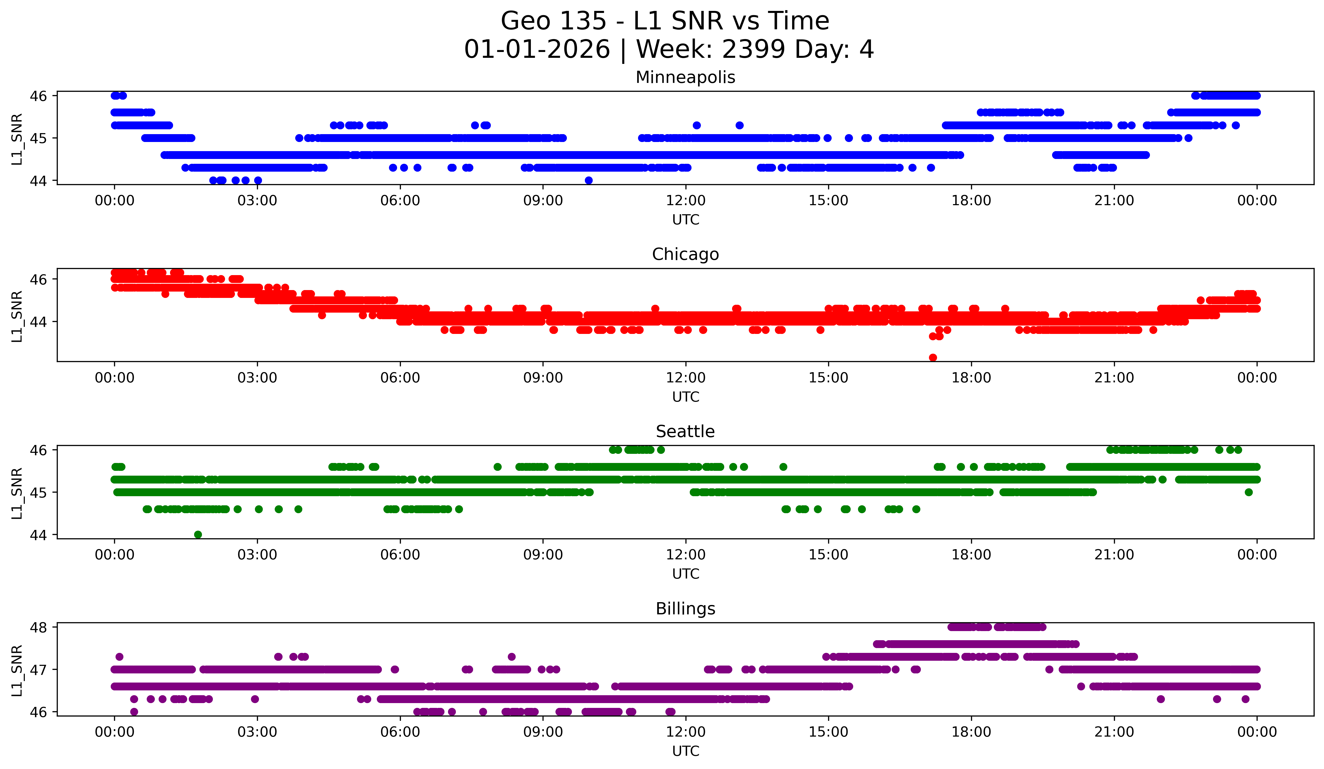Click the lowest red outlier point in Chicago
(933, 357)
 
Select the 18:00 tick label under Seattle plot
(971, 555)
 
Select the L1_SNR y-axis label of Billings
(17, 671)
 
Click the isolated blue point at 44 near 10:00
(588, 180)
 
